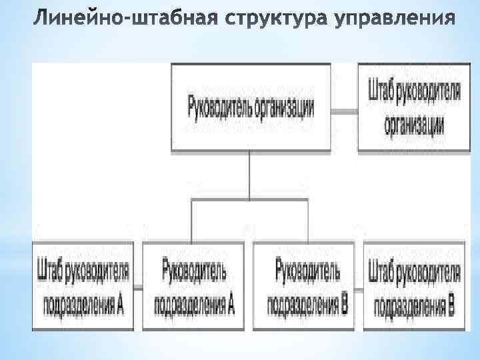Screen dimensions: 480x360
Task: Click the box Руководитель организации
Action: click(x=251, y=107)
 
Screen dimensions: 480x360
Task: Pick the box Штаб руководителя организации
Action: click(x=414, y=107)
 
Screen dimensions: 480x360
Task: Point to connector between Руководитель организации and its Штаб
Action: click(x=344, y=108)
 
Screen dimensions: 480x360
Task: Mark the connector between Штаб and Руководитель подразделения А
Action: click(x=139, y=288)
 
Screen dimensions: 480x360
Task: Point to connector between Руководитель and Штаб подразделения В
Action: click(x=359, y=288)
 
